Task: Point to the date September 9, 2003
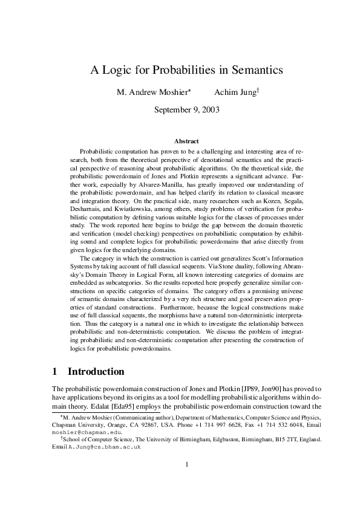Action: pyautogui.click(x=187, y=110)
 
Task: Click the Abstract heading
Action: pyautogui.click(x=186, y=141)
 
